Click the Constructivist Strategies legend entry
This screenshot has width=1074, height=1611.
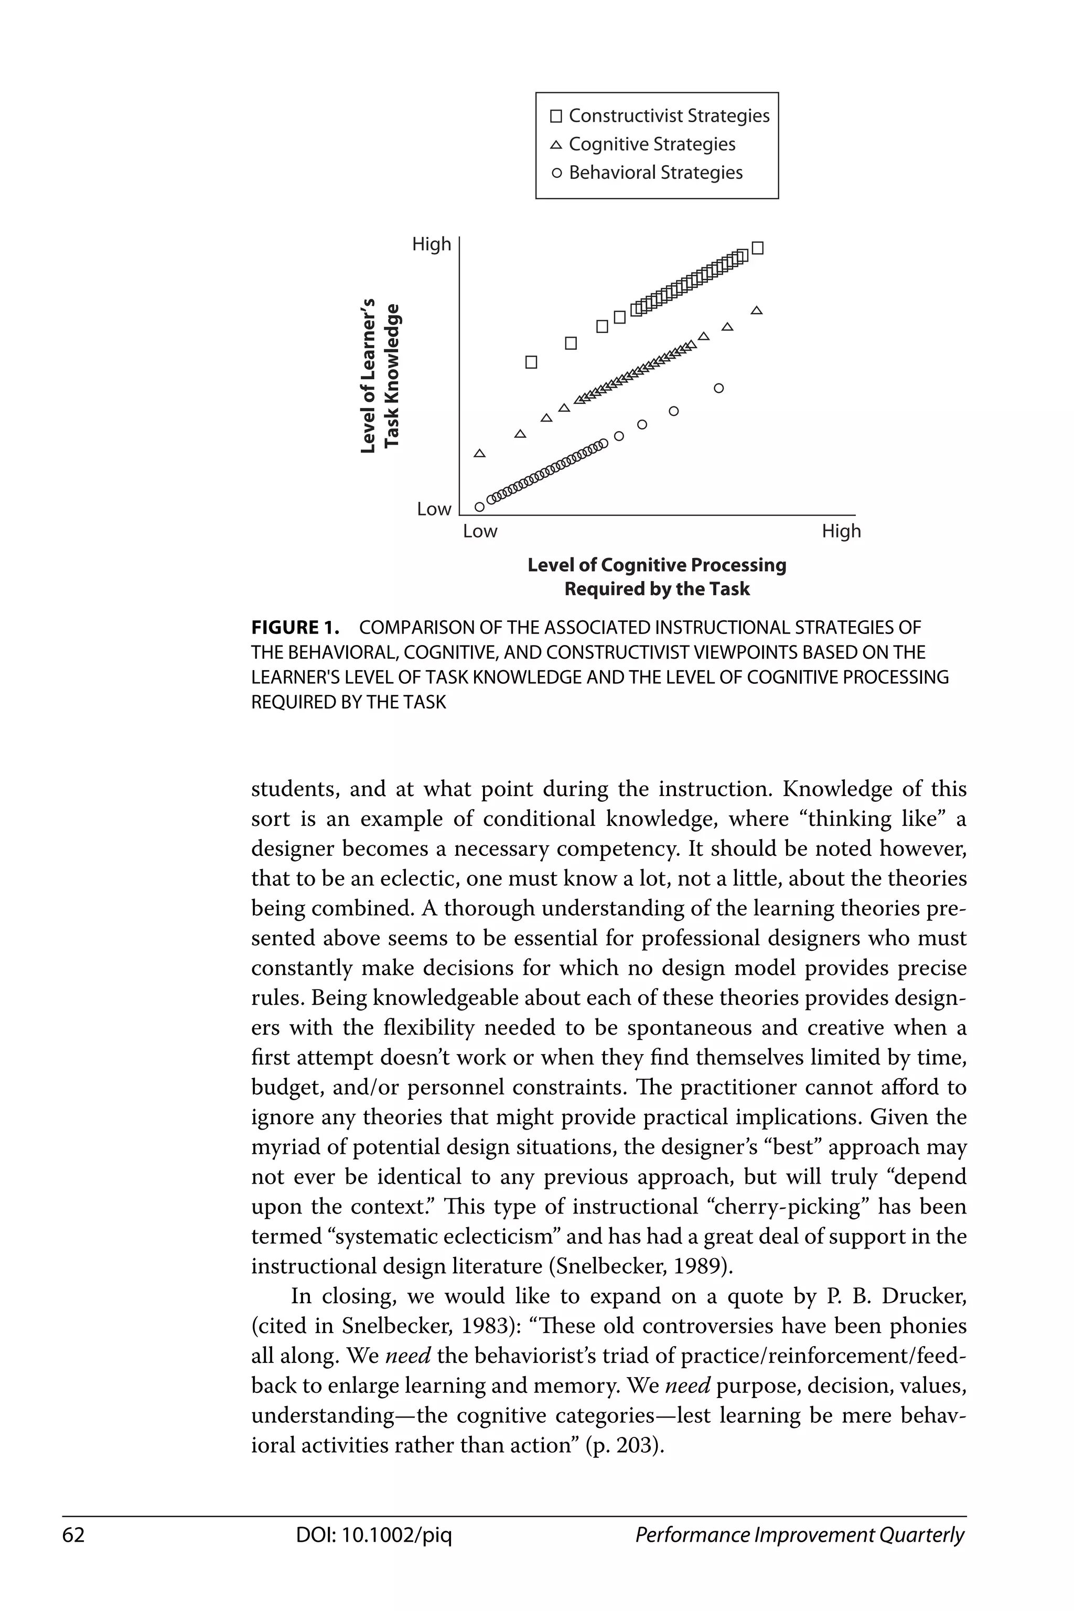coord(660,116)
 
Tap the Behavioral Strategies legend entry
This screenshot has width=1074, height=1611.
coord(647,173)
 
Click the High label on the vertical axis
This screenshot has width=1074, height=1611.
coord(432,244)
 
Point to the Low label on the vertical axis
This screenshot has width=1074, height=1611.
coord(434,509)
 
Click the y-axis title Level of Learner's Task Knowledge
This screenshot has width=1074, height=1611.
coord(380,376)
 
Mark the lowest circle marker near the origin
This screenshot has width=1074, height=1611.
coord(479,507)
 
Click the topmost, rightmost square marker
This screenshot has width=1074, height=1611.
coord(758,248)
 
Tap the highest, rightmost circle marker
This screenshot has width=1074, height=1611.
coord(718,389)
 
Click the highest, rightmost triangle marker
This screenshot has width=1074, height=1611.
coord(757,311)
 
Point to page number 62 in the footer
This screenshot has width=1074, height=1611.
coord(73,1535)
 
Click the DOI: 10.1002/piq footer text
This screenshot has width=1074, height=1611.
coord(374,1535)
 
